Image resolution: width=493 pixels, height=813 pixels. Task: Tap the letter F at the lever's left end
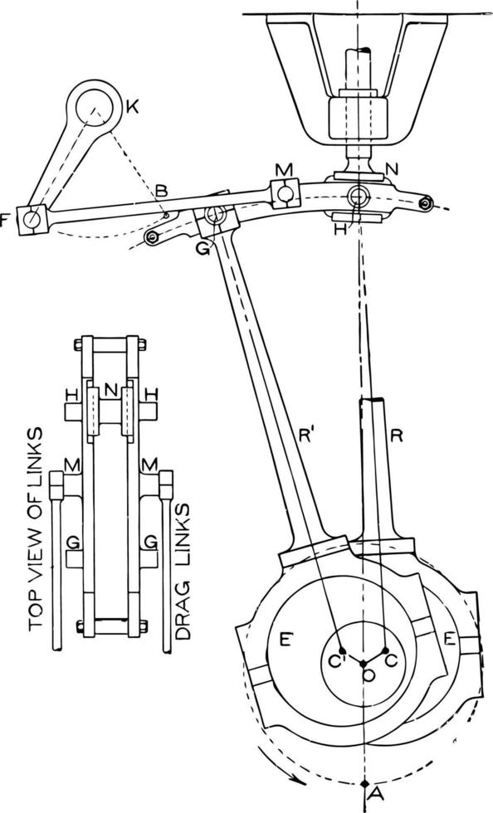click(x=7, y=221)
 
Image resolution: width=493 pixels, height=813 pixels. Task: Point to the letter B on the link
click(x=162, y=192)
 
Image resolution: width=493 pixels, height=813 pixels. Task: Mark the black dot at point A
click(x=365, y=783)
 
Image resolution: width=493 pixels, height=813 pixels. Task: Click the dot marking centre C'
click(x=341, y=650)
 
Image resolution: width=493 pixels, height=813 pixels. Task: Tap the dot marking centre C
click(x=387, y=650)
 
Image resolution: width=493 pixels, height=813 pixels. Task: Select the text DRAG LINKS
click(x=184, y=572)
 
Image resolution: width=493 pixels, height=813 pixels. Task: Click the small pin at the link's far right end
click(x=426, y=203)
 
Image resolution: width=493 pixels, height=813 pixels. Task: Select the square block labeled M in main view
click(x=284, y=192)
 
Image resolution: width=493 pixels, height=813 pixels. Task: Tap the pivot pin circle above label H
click(x=358, y=196)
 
